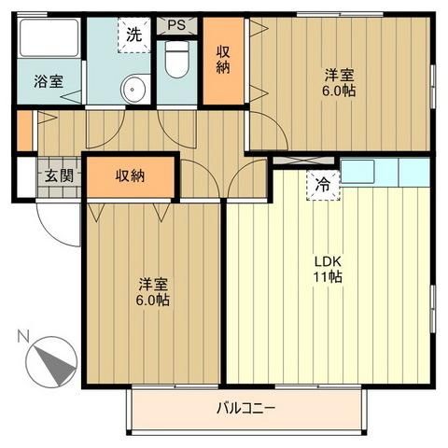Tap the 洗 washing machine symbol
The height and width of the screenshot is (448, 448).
pos(134,37)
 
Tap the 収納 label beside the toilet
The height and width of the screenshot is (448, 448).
pos(225,61)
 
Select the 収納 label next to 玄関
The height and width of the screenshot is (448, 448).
pos(131,175)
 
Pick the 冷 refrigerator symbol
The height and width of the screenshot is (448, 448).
pos(322,184)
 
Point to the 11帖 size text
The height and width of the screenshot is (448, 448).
pos(328,277)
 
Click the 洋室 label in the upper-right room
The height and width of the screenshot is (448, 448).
pos(340,75)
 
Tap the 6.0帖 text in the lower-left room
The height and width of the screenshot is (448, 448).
pos(154,301)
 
